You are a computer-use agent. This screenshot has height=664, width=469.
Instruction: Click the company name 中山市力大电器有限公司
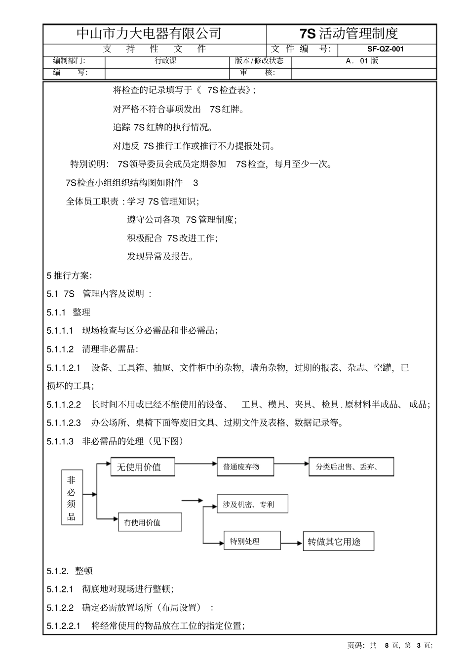click(x=149, y=34)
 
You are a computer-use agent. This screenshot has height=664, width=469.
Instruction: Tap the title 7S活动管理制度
click(x=349, y=34)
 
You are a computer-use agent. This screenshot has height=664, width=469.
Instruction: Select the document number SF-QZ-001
click(x=386, y=49)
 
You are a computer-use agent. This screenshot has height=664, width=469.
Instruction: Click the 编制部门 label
click(x=69, y=61)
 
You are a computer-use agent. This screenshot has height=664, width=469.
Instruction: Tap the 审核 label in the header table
click(x=257, y=73)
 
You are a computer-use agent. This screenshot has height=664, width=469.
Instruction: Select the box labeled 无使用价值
click(x=143, y=467)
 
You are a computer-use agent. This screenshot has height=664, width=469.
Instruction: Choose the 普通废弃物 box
click(x=245, y=467)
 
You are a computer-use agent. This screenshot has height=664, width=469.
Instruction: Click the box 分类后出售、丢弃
click(x=351, y=467)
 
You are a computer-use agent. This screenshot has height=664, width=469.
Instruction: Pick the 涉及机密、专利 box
click(x=252, y=504)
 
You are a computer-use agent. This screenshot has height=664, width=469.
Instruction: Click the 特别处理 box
click(x=252, y=541)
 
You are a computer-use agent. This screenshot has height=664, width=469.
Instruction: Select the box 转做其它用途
click(x=338, y=542)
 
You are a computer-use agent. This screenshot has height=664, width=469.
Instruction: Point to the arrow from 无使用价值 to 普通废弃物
click(x=196, y=464)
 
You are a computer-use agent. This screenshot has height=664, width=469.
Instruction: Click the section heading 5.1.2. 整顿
click(x=70, y=571)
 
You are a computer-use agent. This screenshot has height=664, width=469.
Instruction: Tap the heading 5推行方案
click(x=69, y=275)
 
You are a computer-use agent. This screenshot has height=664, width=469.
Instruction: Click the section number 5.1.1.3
click(x=60, y=441)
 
